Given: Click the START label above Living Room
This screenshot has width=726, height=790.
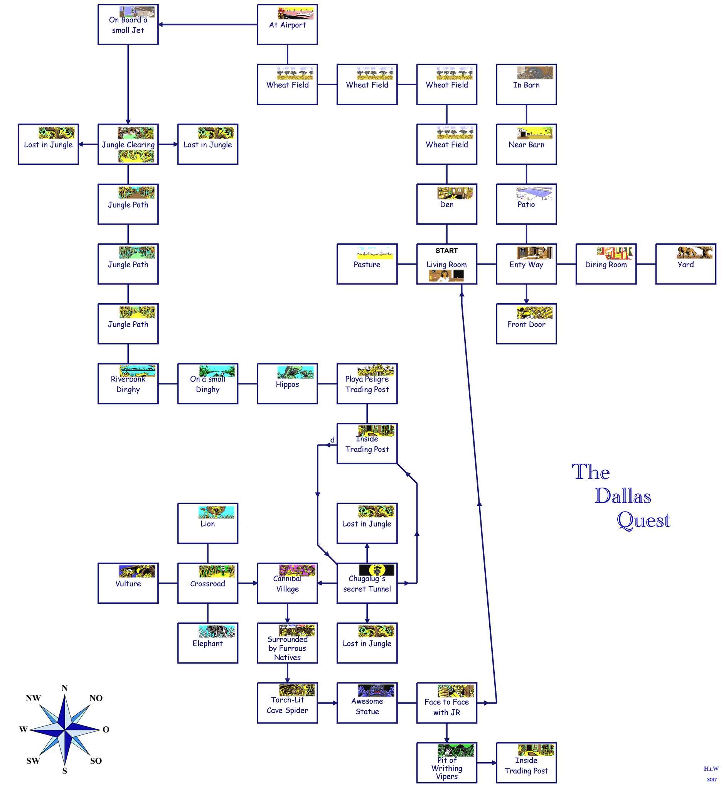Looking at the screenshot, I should click(x=446, y=251).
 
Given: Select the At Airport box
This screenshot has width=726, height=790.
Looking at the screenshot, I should click(x=287, y=24).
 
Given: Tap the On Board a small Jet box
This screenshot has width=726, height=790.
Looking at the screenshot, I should click(x=128, y=24).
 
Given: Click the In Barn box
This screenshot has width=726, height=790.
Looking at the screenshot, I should click(x=526, y=84).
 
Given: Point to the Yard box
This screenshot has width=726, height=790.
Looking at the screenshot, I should click(x=685, y=264).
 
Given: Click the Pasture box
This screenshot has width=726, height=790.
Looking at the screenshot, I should click(x=367, y=264).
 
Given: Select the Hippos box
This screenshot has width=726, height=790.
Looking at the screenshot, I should click(x=287, y=383).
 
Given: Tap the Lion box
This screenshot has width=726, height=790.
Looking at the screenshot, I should click(x=207, y=523).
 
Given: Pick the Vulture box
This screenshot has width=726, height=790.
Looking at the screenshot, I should click(x=128, y=583).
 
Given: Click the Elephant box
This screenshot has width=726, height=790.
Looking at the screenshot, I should click(x=207, y=643).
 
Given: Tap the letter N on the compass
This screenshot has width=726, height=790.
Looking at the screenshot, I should click(x=64, y=688).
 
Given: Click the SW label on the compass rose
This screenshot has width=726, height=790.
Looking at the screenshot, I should click(x=33, y=761).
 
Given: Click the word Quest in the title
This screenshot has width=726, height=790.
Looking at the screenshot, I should click(x=643, y=520).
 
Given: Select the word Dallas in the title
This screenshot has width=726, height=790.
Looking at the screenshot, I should click(x=623, y=496).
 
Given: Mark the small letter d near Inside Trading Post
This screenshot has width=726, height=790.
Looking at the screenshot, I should click(x=332, y=440).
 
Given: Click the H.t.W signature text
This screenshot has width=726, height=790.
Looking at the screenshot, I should click(x=711, y=768).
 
